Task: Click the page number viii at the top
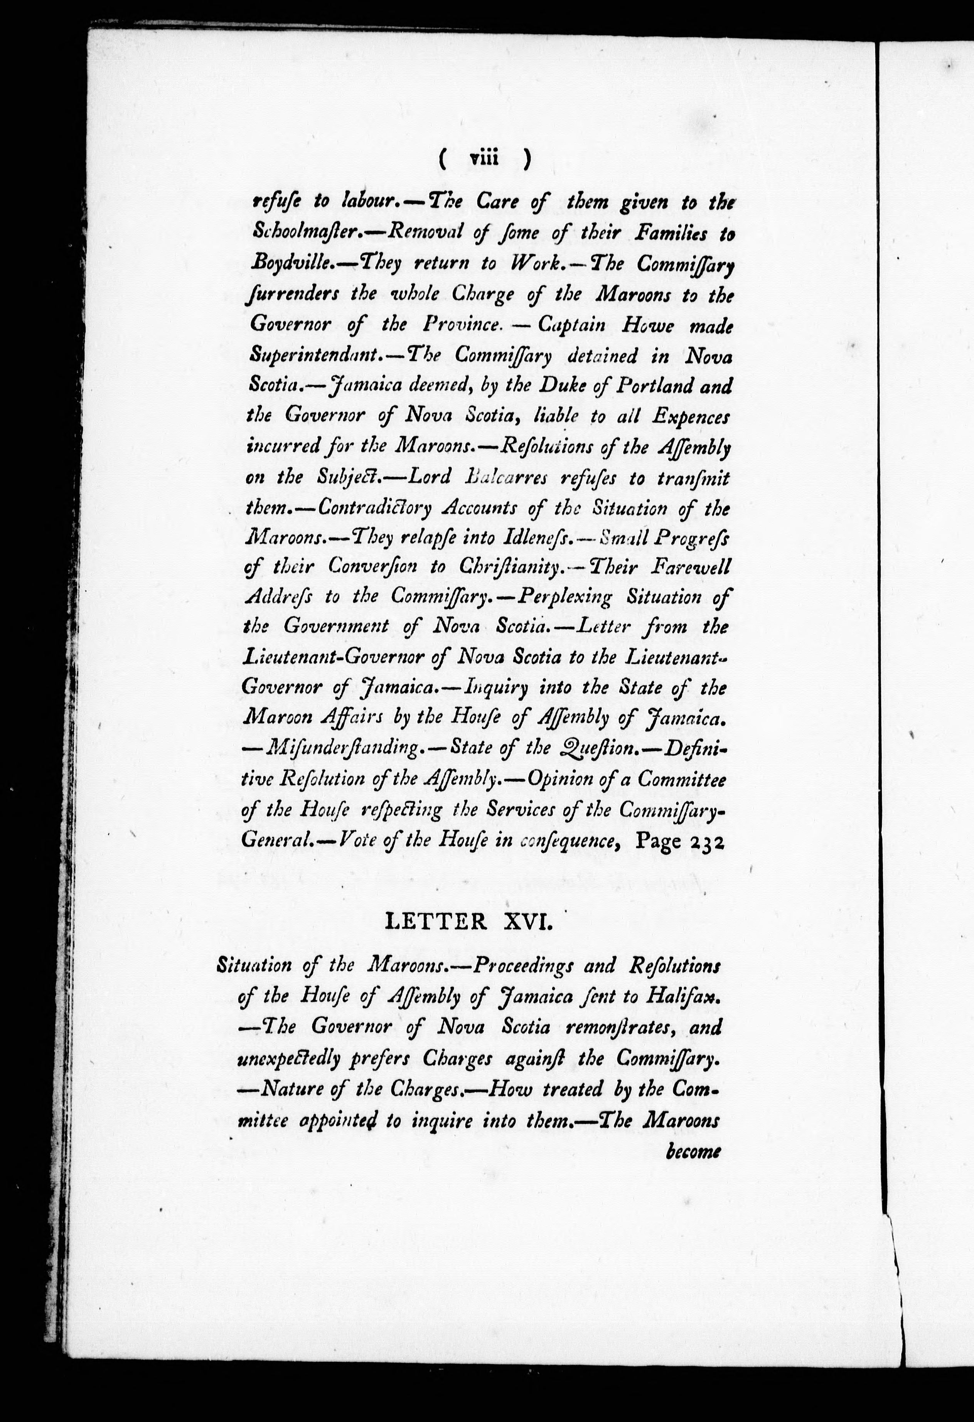point(484,160)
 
